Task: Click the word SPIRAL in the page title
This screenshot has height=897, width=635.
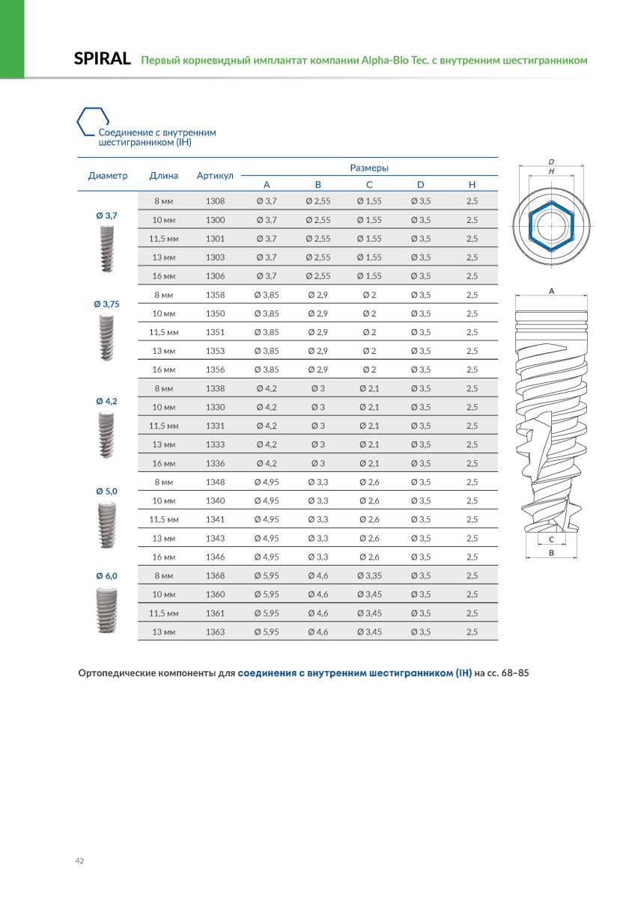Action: [103, 59]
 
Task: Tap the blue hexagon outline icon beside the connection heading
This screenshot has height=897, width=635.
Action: [93, 120]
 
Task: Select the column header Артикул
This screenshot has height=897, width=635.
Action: [215, 176]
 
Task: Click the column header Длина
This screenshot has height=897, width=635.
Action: [163, 176]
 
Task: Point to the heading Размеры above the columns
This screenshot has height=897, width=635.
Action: [369, 168]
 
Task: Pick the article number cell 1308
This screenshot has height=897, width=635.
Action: [215, 201]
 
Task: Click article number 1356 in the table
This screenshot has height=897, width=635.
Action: [215, 370]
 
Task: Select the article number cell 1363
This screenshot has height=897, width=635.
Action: [215, 632]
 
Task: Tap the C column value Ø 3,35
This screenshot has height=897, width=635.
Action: [369, 576]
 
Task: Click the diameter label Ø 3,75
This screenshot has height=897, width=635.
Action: [107, 304]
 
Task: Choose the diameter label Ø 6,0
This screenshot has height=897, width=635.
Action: [107, 575]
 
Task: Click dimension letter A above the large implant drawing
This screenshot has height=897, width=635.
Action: [552, 291]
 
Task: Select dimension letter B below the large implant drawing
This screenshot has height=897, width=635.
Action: [552, 554]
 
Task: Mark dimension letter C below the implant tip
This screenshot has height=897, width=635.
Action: [552, 539]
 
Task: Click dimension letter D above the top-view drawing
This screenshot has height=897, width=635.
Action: [551, 162]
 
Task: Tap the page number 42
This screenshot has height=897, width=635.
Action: [80, 861]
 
